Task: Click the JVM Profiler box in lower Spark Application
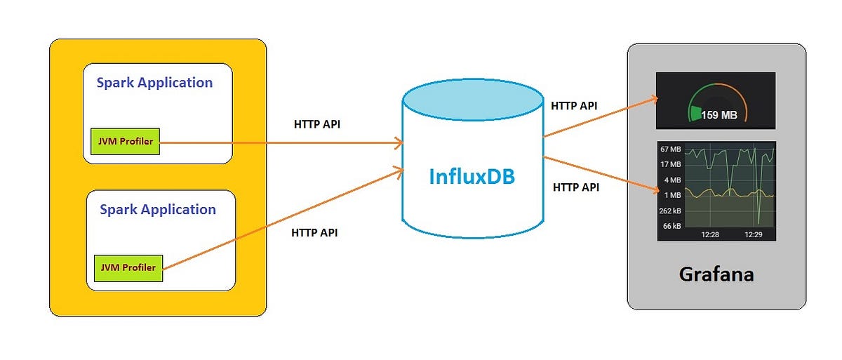click(x=128, y=268)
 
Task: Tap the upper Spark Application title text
click(x=154, y=82)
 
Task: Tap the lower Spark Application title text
click(x=158, y=209)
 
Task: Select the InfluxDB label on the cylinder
click(x=472, y=175)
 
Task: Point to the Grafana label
click(x=716, y=274)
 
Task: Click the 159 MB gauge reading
click(x=719, y=115)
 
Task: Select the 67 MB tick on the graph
click(x=670, y=149)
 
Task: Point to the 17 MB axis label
click(x=670, y=164)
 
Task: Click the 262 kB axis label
click(x=669, y=211)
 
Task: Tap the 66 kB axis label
click(x=671, y=226)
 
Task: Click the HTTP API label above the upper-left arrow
click(x=317, y=124)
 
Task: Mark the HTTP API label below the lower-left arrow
click(x=314, y=233)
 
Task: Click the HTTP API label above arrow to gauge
click(x=574, y=106)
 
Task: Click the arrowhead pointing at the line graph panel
click(x=653, y=188)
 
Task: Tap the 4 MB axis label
click(x=672, y=180)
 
